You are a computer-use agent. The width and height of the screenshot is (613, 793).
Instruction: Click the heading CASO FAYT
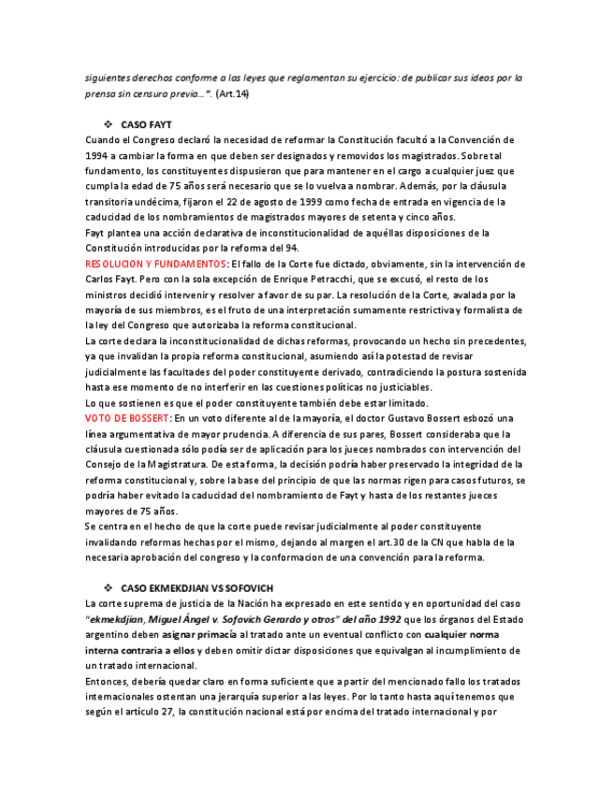(x=146, y=124)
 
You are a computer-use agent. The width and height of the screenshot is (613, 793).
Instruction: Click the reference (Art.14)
(x=232, y=94)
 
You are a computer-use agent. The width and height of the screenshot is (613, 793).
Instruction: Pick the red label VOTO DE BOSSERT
(x=127, y=418)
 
